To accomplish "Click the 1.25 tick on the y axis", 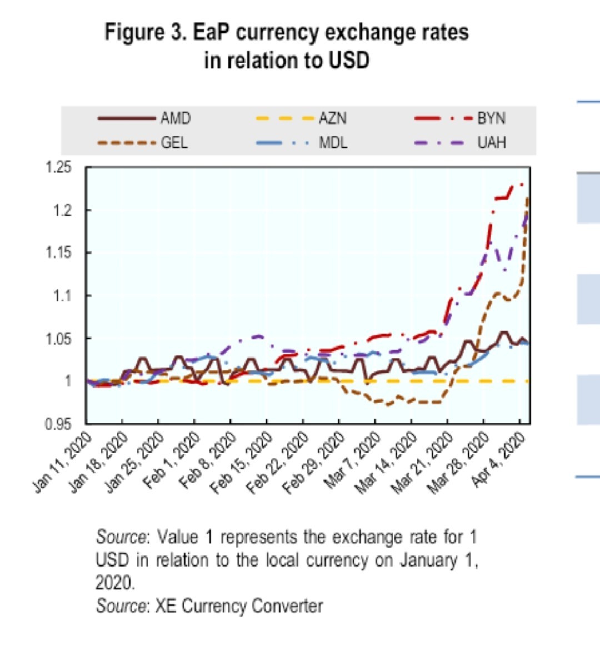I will (59, 167).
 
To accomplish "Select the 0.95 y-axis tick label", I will (59, 424).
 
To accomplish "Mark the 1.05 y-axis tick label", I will (59, 338).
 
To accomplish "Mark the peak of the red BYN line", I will (521, 184).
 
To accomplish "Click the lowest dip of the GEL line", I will (387, 405).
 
